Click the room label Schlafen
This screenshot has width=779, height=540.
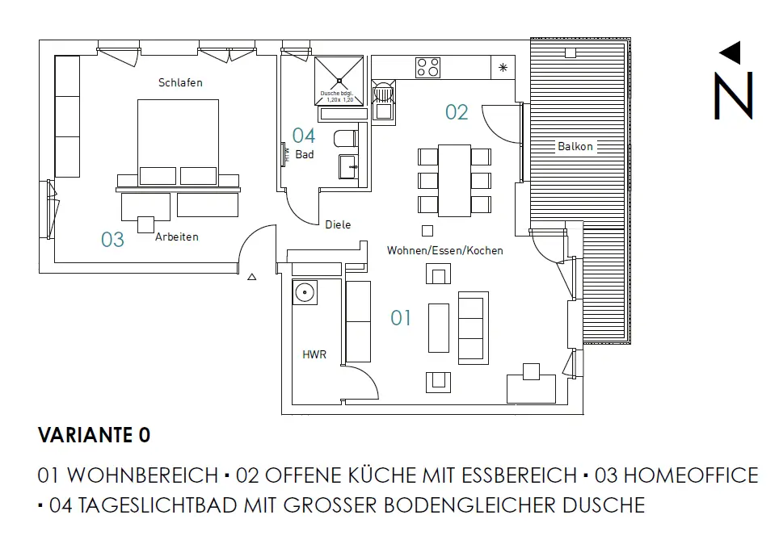click(x=180, y=82)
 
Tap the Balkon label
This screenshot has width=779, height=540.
click(x=575, y=146)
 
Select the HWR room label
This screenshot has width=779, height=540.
click(x=314, y=354)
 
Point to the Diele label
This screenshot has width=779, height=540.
click(x=338, y=224)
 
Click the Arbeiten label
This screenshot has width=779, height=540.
click(x=177, y=237)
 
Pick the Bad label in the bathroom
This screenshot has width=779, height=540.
click(x=305, y=154)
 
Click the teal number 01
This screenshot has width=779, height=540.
click(x=401, y=318)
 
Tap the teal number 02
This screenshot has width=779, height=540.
click(x=457, y=112)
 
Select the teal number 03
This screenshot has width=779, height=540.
click(x=112, y=240)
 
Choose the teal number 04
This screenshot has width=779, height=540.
click(x=304, y=136)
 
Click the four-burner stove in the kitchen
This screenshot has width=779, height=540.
click(x=427, y=67)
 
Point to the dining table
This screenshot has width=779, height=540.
click(x=454, y=180)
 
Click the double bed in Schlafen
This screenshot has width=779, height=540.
click(x=179, y=142)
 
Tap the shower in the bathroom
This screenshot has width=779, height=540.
click(x=339, y=80)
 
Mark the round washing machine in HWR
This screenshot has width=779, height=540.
click(x=305, y=291)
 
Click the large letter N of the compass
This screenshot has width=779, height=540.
click(x=733, y=95)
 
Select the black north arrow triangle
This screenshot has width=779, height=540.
click(x=731, y=53)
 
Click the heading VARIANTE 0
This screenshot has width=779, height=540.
click(x=94, y=436)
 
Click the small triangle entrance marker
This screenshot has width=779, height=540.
click(x=251, y=278)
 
